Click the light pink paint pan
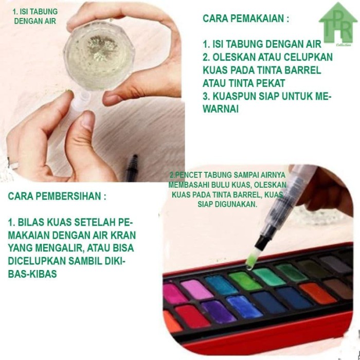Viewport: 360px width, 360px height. click(195, 289)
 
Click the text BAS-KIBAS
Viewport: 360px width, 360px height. click(32, 274)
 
